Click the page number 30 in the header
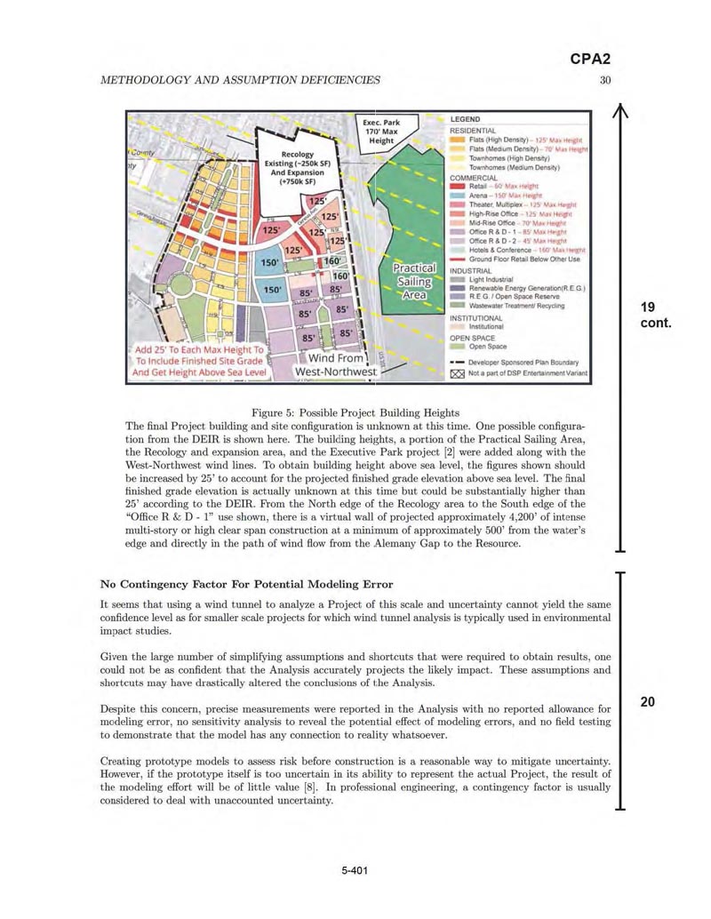606,81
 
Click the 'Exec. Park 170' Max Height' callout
379,131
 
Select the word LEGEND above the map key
465,119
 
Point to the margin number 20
647,702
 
